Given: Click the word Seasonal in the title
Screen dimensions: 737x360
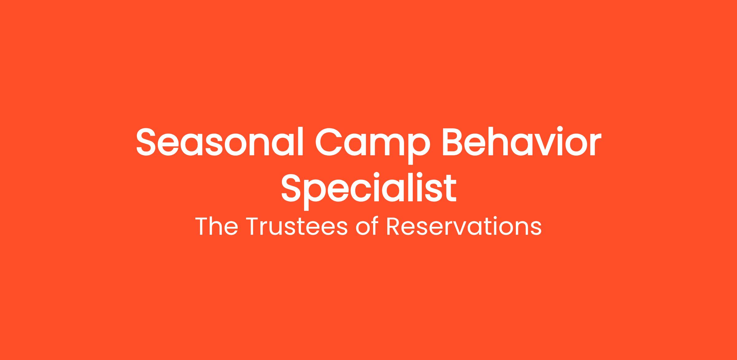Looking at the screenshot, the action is [x=220, y=141].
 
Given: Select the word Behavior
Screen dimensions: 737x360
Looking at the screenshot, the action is [x=521, y=141].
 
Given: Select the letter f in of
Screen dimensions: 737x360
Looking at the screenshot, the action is [x=374, y=226].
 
